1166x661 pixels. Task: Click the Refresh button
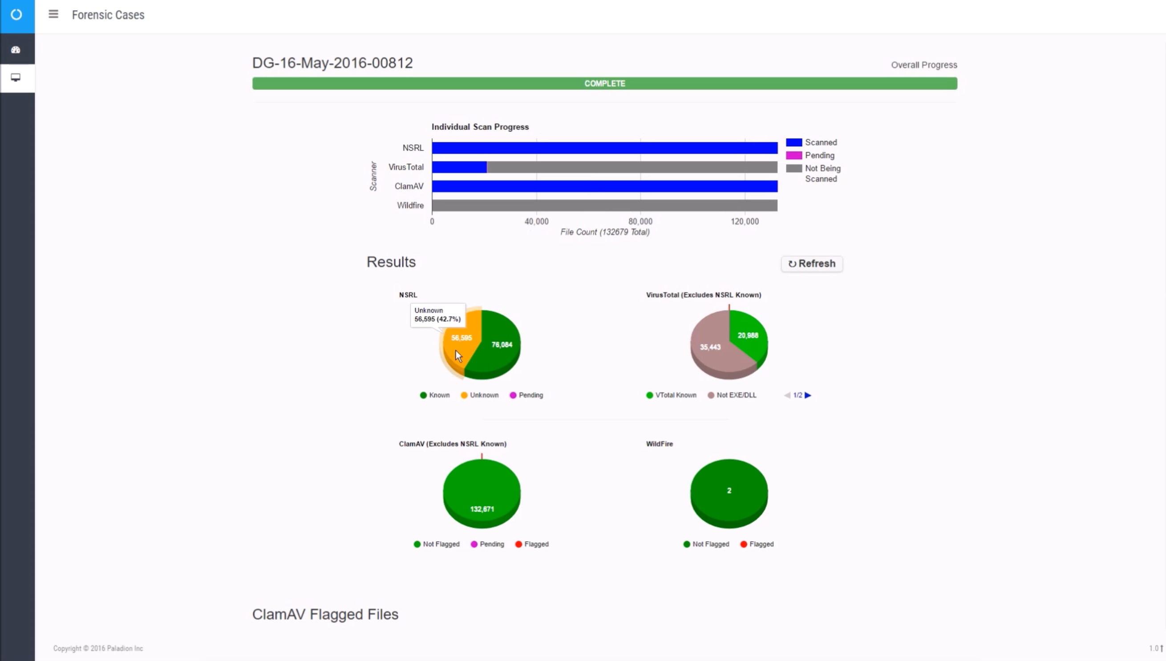(x=812, y=264)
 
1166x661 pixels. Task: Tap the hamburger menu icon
(x=53, y=14)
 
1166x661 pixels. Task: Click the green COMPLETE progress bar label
(x=604, y=84)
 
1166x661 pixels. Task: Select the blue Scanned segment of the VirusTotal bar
(x=459, y=167)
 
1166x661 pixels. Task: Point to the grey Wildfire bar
(x=604, y=206)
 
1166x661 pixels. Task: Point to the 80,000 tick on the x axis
(x=640, y=222)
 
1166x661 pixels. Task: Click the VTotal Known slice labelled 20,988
(x=748, y=335)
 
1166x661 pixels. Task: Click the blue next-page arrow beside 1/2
(x=808, y=395)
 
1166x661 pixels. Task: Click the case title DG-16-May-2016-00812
(x=332, y=63)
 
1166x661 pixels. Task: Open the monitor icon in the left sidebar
(x=16, y=78)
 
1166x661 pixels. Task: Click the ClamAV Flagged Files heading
(x=325, y=614)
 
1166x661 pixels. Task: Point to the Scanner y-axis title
(x=373, y=176)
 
